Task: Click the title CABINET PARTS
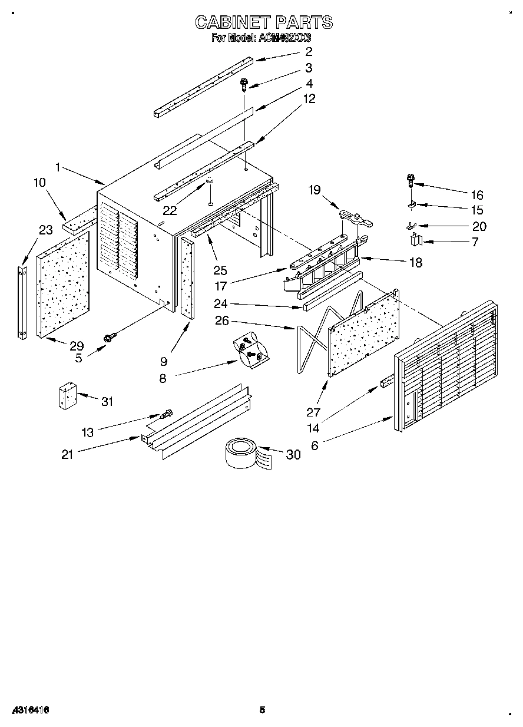point(263,22)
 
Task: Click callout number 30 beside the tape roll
point(293,454)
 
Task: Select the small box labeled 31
point(67,396)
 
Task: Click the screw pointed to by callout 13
point(167,415)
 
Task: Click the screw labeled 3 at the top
point(245,85)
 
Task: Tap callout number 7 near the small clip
point(475,242)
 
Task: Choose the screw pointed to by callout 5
point(108,338)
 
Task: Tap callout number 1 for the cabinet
point(58,167)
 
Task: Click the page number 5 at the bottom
point(263,710)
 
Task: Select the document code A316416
point(29,711)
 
